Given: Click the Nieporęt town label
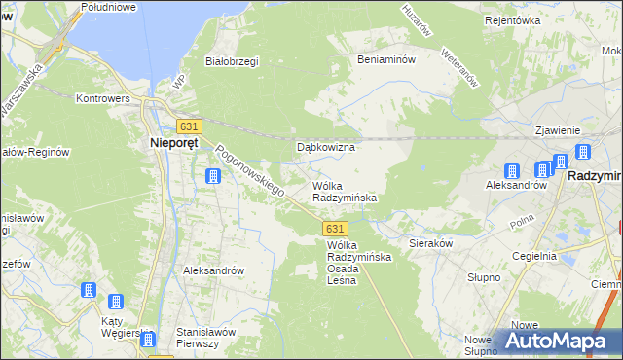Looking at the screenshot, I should coord(175,143).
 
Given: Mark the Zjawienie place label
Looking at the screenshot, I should coord(557,130).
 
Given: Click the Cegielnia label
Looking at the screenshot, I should coord(535,256).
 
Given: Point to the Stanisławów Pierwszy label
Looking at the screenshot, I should coord(206,338).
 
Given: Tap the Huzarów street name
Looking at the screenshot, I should coord(417,18).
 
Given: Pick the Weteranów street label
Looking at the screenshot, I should coord(458,68).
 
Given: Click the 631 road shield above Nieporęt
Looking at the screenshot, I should coord(189,126).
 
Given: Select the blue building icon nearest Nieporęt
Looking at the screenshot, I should coord(211,176).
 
